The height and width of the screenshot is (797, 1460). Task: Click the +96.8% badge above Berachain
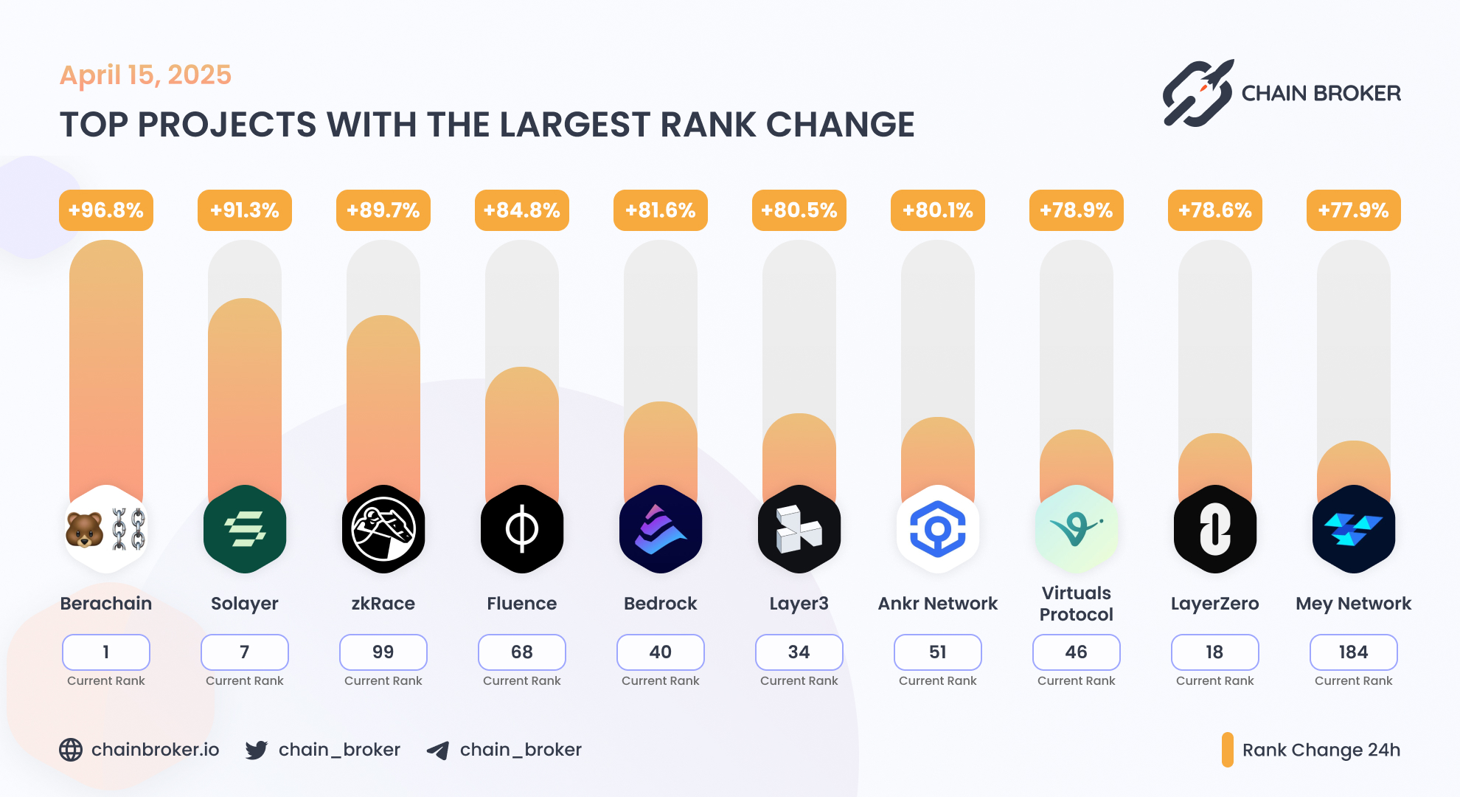click(106, 210)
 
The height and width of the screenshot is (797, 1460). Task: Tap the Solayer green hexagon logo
click(245, 529)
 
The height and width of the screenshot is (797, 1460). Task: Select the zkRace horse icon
click(383, 529)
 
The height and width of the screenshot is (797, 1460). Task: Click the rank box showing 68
click(522, 652)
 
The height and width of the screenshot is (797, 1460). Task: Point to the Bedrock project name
click(661, 604)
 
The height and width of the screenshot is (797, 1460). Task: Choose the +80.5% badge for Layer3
click(799, 210)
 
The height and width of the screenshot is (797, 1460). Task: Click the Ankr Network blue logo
click(938, 529)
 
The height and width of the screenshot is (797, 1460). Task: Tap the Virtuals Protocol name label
click(1077, 604)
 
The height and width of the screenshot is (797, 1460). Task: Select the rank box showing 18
click(1215, 652)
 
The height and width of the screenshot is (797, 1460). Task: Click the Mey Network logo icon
click(1354, 529)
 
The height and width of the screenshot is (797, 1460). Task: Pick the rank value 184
click(1354, 652)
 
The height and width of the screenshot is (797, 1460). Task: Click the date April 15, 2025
click(146, 75)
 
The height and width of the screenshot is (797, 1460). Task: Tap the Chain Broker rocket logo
click(1198, 93)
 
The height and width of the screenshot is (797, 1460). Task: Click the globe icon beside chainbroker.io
click(71, 750)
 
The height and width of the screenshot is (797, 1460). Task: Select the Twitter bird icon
click(257, 750)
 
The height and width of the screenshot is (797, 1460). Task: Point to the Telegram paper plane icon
click(438, 751)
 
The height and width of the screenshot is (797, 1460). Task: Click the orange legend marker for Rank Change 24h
click(1228, 750)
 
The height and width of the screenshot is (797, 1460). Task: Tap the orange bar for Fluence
click(522, 428)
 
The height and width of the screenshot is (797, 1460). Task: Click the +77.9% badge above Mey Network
click(1354, 210)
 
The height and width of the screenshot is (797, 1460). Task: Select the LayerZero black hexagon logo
click(1215, 529)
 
